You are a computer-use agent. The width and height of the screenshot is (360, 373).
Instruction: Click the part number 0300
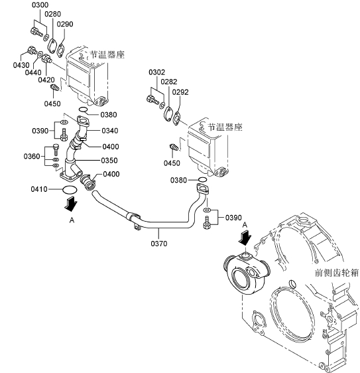40,5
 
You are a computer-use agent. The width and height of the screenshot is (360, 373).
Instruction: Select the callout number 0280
53,14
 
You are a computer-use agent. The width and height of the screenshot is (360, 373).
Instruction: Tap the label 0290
65,24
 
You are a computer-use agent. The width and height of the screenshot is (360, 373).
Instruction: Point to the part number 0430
21,65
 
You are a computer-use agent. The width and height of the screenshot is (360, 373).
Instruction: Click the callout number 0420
46,80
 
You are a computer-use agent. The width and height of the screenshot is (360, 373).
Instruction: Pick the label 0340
110,131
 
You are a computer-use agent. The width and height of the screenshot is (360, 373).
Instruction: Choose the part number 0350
109,161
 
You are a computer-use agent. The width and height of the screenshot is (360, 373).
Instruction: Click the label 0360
32,156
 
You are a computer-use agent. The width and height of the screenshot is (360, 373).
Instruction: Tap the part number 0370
159,244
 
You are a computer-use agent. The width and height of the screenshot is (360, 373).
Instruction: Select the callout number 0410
39,189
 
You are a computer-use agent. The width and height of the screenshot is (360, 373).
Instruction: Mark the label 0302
157,72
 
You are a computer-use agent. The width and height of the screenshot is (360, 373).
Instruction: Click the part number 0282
169,82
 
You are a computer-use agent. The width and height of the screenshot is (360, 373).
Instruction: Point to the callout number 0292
180,92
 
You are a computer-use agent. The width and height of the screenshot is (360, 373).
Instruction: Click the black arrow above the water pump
245,238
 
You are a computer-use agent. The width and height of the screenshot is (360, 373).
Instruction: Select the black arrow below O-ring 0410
71,204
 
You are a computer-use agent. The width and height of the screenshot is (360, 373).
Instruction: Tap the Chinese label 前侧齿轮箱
337,273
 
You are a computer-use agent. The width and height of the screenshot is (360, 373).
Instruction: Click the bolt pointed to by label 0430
32,50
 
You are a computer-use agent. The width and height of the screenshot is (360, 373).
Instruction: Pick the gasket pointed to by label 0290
61,50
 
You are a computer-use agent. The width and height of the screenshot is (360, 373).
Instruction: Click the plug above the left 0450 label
55,88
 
